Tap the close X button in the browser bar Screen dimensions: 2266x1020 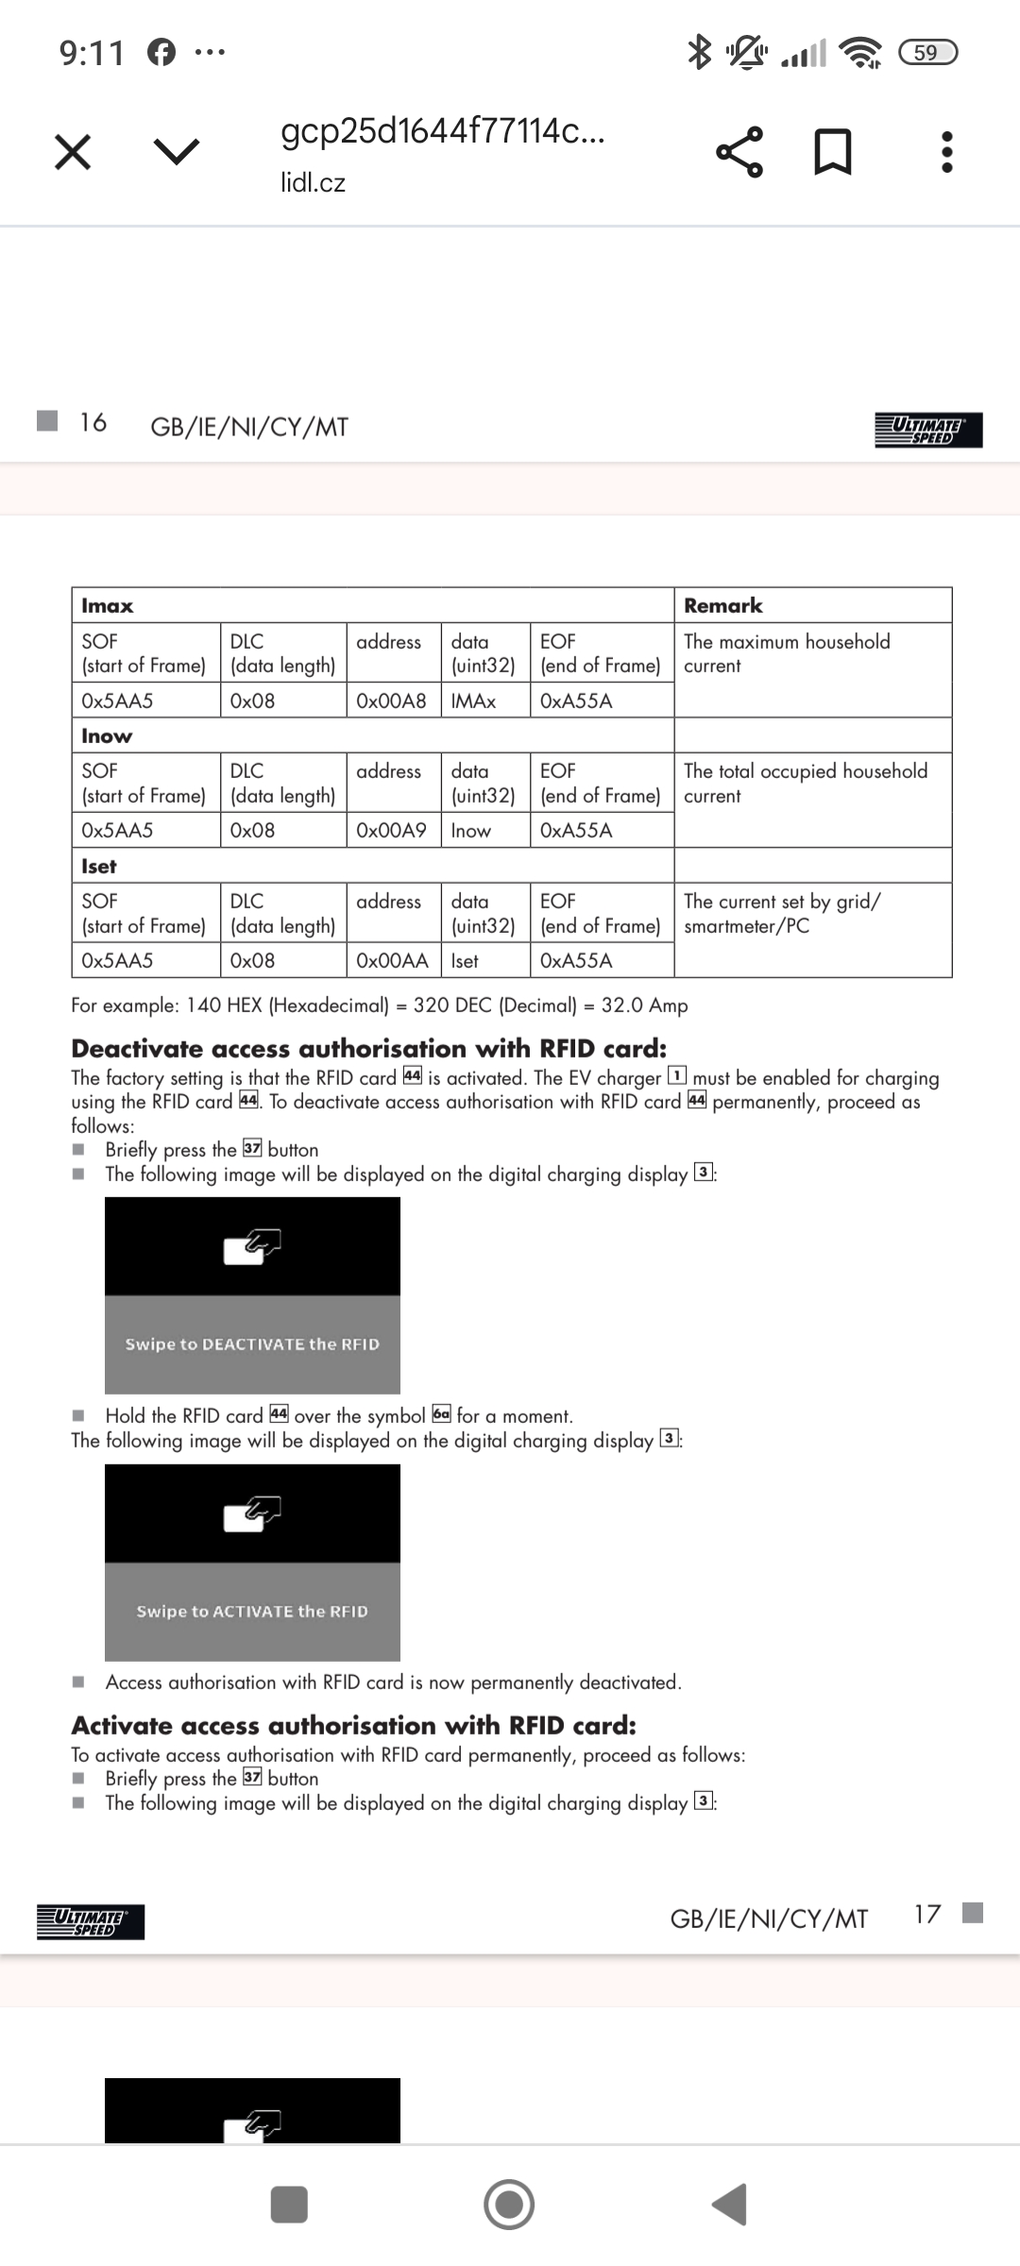(73, 151)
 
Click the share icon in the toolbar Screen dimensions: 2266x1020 (739, 151)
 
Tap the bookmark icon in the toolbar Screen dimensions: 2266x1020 (833, 151)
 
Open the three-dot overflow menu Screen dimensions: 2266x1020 (947, 151)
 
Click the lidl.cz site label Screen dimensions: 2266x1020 (313, 182)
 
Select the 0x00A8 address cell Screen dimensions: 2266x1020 (391, 701)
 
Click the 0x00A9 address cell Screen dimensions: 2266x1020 (391, 830)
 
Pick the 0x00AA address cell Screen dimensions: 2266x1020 (392, 960)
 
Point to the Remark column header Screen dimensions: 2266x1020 (723, 605)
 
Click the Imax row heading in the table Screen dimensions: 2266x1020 (108, 605)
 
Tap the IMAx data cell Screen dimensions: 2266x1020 (473, 701)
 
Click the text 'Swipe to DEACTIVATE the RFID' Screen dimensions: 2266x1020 (252, 1344)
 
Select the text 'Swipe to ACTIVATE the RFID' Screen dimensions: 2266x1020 (252, 1611)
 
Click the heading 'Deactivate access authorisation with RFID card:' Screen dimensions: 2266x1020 (369, 1048)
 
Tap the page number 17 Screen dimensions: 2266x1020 (927, 1913)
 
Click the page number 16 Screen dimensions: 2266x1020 (93, 422)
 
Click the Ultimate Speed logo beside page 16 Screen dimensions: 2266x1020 (928, 430)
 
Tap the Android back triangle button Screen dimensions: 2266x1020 (730, 2205)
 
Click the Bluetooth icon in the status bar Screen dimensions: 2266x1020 (699, 51)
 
